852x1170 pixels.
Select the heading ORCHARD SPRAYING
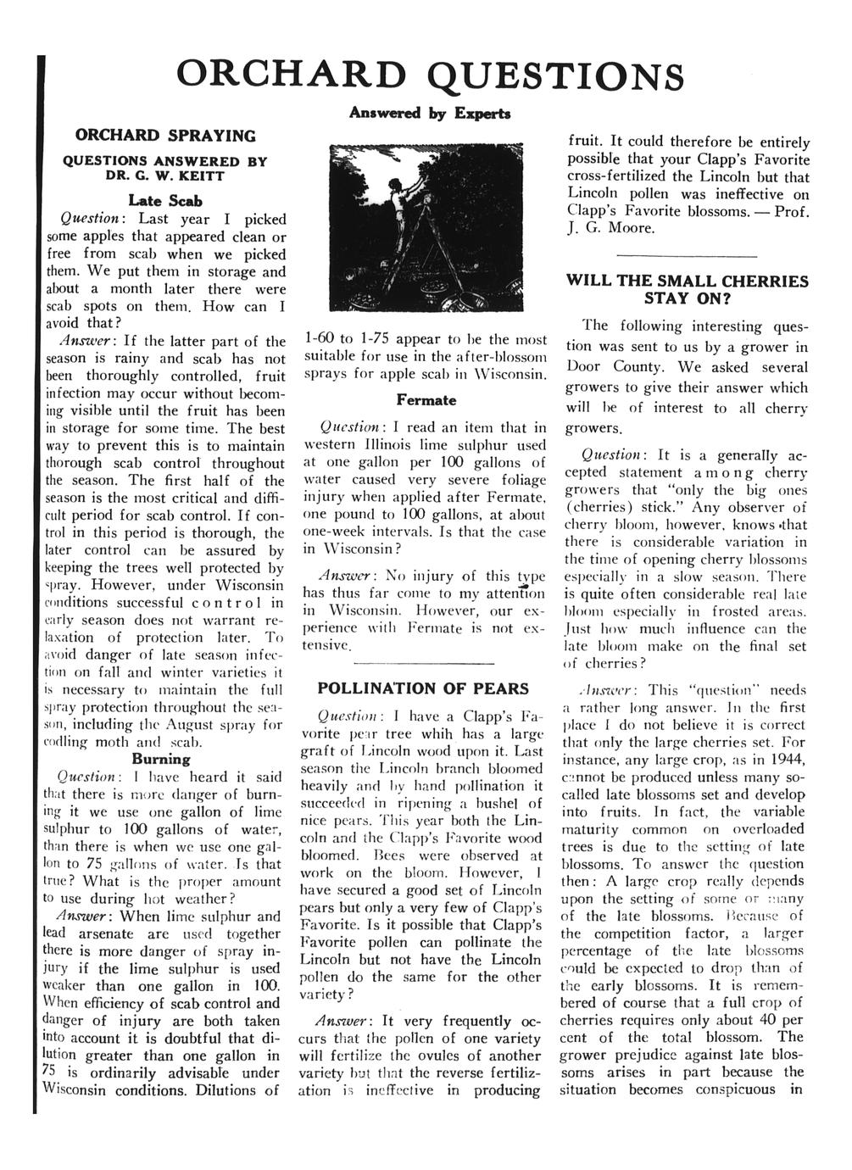pyautogui.click(x=165, y=135)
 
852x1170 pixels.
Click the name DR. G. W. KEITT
pyautogui.click(x=165, y=175)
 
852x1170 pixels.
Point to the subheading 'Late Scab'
pyautogui.click(x=164, y=201)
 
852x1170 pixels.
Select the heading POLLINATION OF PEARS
pyautogui.click(x=422, y=688)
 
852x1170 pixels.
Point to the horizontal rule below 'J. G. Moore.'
pyautogui.click(x=685, y=255)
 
